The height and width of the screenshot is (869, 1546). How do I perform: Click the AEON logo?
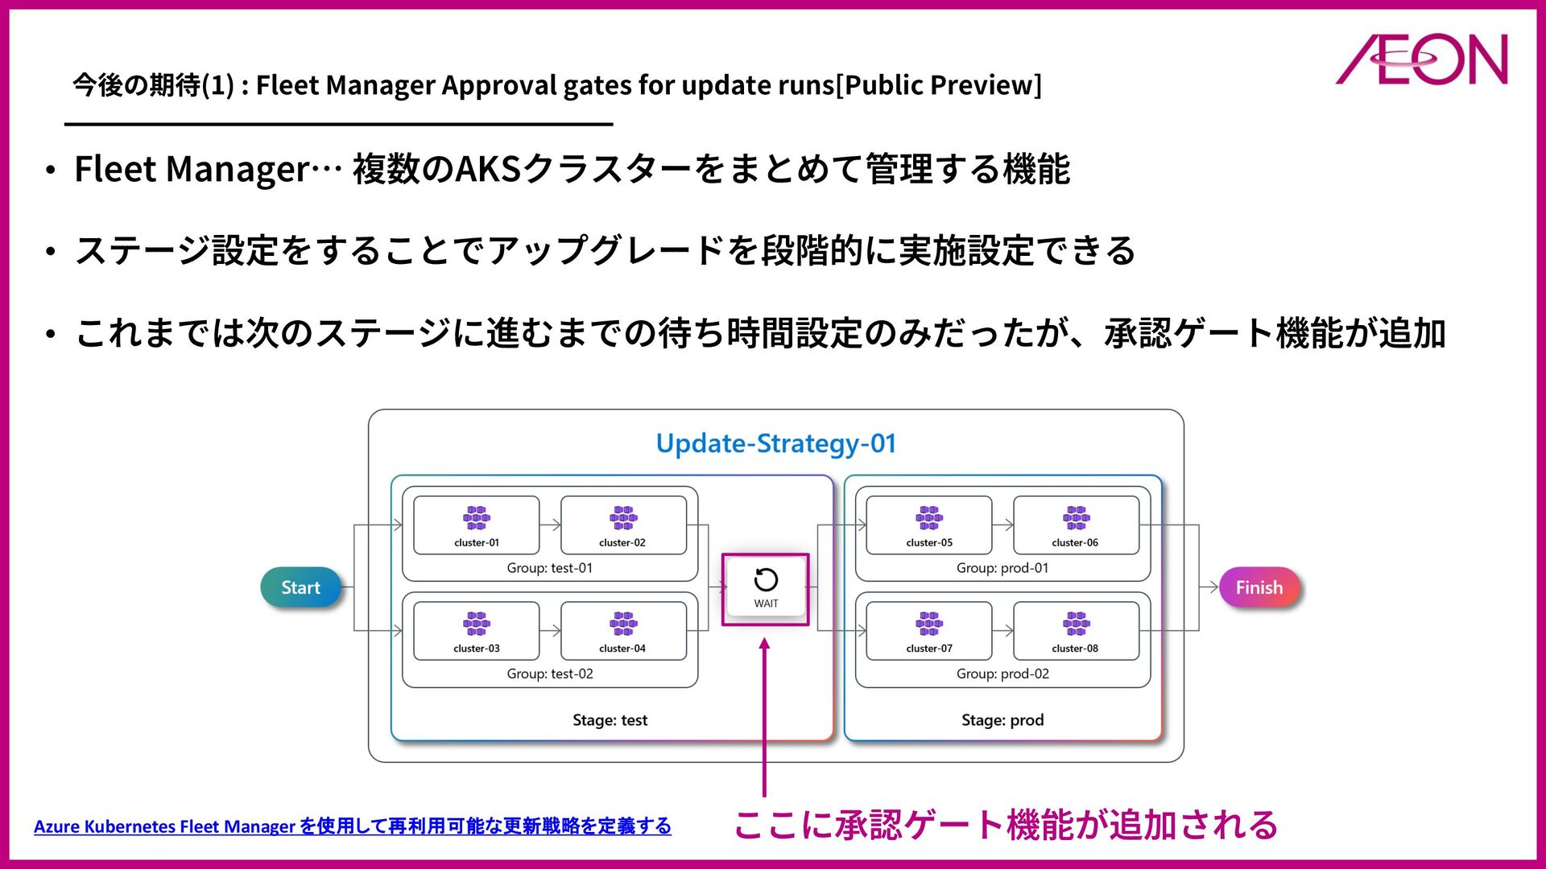[1422, 60]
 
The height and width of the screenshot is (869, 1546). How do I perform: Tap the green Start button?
[300, 587]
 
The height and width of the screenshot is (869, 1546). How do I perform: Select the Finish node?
[1259, 587]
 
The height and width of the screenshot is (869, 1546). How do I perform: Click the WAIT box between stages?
[765, 589]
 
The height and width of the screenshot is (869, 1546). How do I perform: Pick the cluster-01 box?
[476, 525]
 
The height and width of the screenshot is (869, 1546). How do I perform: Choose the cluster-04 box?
[622, 631]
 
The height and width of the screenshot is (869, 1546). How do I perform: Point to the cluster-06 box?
[1075, 525]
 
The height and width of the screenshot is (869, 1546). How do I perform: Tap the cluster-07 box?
[928, 631]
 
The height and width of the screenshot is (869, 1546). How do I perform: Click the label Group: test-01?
[549, 568]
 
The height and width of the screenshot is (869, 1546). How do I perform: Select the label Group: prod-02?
[1002, 673]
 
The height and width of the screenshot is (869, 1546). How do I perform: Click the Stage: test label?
[610, 720]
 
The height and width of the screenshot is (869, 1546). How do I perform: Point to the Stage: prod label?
[1002, 720]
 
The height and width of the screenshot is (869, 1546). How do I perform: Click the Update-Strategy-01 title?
[775, 443]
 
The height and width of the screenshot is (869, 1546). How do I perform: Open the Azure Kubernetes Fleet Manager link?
[352, 826]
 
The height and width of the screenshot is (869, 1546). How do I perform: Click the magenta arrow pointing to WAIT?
[764, 716]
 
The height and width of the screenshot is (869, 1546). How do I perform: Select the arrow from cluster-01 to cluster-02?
[550, 525]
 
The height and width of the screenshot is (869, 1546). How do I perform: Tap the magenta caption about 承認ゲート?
[1005, 826]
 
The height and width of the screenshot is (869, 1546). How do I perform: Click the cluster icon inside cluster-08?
[1076, 623]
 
